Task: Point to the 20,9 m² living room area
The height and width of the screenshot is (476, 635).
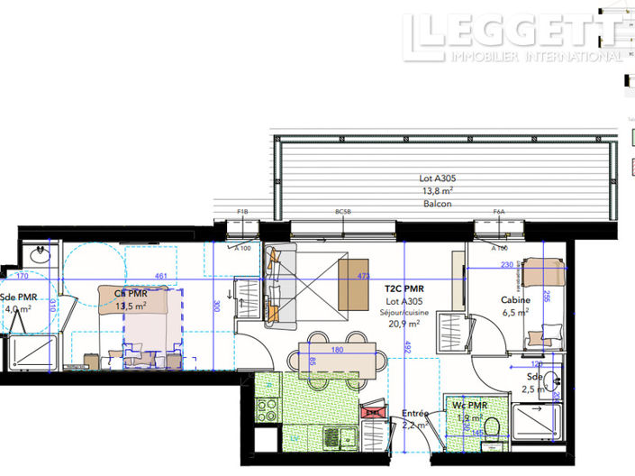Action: click(404, 324)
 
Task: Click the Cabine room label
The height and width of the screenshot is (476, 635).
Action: click(515, 300)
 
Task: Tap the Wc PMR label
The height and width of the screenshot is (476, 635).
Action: click(469, 407)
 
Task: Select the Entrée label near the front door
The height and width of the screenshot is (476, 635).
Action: click(415, 413)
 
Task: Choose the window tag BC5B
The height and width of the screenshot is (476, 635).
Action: click(342, 212)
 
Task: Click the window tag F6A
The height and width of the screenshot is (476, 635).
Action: click(498, 212)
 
